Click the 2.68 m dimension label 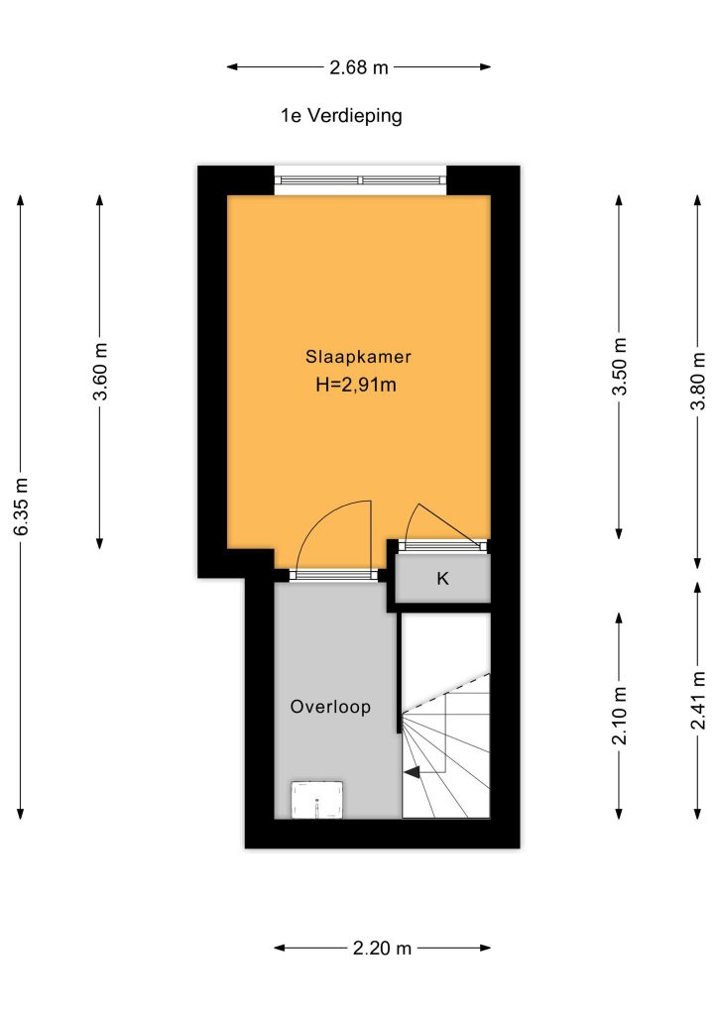(x=359, y=66)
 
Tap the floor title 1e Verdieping (x=341, y=116)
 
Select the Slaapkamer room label (x=358, y=357)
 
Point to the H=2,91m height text (x=356, y=386)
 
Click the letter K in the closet (x=443, y=578)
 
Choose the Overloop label (x=330, y=706)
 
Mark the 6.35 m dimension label (x=22, y=507)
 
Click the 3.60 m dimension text (x=100, y=372)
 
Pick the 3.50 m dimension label (x=620, y=367)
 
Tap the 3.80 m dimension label (x=698, y=382)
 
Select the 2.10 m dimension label (x=620, y=716)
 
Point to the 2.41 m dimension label (x=698, y=701)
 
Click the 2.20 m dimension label (x=382, y=949)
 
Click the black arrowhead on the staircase (x=412, y=771)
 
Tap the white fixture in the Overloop (x=316, y=800)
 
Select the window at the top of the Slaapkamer (x=361, y=180)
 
